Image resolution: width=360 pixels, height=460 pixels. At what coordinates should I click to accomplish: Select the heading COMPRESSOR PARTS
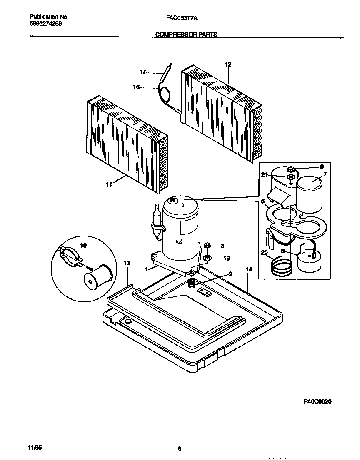pyautogui.click(x=186, y=35)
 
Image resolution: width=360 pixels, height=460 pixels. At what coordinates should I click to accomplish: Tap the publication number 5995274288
pyautogui.click(x=47, y=24)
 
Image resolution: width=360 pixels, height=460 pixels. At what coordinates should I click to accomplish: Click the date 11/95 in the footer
pyautogui.click(x=35, y=447)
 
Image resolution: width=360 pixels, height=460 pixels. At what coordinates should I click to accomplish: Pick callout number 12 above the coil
pyautogui.click(x=228, y=65)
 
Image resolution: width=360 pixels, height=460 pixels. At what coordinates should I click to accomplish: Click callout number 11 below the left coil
pyautogui.click(x=109, y=185)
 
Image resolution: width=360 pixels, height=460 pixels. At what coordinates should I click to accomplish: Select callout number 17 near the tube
pyautogui.click(x=142, y=72)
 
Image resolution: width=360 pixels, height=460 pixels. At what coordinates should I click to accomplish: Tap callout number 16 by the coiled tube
pyautogui.click(x=136, y=87)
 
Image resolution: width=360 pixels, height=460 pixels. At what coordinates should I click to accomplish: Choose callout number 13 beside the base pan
pyautogui.click(x=127, y=263)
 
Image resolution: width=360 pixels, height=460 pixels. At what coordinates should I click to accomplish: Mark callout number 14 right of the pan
pyautogui.click(x=249, y=270)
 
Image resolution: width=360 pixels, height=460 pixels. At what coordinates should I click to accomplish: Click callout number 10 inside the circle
pyautogui.click(x=83, y=246)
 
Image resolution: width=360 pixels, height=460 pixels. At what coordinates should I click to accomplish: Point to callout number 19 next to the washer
pyautogui.click(x=226, y=259)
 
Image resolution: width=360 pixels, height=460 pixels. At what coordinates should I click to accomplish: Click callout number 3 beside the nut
pyautogui.click(x=222, y=246)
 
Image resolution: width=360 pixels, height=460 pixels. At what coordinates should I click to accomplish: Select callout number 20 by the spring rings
pyautogui.click(x=264, y=252)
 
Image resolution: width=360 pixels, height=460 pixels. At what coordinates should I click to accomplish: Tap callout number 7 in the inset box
pyautogui.click(x=325, y=174)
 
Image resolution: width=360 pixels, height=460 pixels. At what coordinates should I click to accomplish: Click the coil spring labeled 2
pyautogui.click(x=192, y=284)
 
